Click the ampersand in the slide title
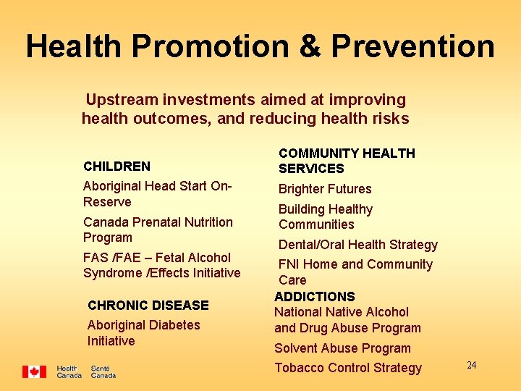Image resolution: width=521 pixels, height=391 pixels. pyautogui.click(x=309, y=46)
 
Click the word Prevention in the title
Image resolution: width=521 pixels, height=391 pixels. pyautogui.click(x=413, y=46)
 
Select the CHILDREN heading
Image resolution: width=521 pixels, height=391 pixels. pyautogui.click(x=117, y=166)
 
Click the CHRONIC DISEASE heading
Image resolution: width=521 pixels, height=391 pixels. pyautogui.click(x=148, y=305)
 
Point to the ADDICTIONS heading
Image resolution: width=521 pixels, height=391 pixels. pyautogui.click(x=315, y=296)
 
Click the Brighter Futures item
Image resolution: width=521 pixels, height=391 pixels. pyautogui.click(x=325, y=189)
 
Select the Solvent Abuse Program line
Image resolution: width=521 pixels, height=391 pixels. pyautogui.click(x=342, y=348)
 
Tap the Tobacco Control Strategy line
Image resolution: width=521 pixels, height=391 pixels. pyautogui.click(x=347, y=368)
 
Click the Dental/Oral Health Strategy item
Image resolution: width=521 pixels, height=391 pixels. pyautogui.click(x=358, y=245)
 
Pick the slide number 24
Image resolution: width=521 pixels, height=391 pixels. pyautogui.click(x=471, y=365)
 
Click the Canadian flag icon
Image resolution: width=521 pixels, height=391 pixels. pyautogui.click(x=34, y=371)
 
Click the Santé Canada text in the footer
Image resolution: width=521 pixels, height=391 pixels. pyautogui.click(x=103, y=371)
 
